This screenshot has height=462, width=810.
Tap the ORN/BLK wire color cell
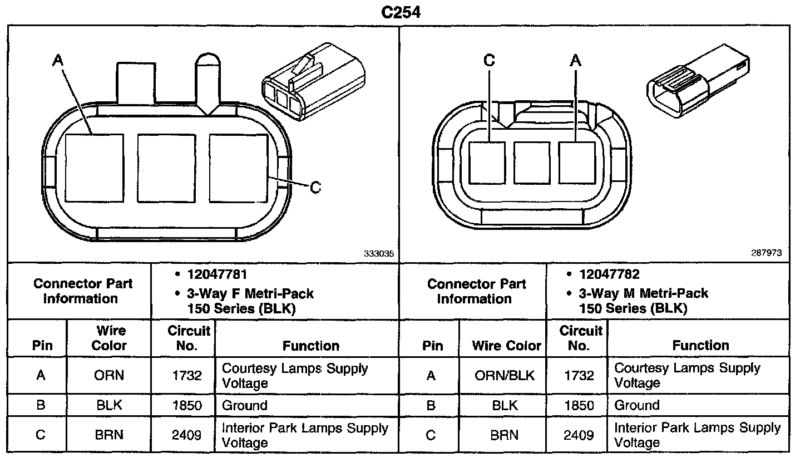pyautogui.click(x=505, y=376)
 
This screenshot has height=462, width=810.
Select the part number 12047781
pyautogui.click(x=218, y=274)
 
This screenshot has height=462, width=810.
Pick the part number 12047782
pyautogui.click(x=609, y=274)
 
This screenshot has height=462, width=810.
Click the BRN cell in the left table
pyautogui.click(x=109, y=435)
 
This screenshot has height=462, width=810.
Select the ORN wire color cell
pyautogui.click(x=109, y=376)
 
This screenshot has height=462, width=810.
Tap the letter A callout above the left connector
pyautogui.click(x=58, y=60)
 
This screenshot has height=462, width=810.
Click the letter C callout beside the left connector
pyautogui.click(x=315, y=188)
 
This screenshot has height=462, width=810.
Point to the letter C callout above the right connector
pyautogui.click(x=489, y=60)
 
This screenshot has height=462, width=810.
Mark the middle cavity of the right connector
pyautogui.click(x=532, y=163)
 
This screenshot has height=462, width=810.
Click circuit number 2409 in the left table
pyautogui.click(x=186, y=435)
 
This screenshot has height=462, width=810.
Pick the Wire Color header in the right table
pyautogui.click(x=506, y=346)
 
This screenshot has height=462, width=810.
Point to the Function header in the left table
pyautogui.click(x=311, y=346)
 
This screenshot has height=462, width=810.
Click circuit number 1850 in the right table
pyautogui.click(x=579, y=405)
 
